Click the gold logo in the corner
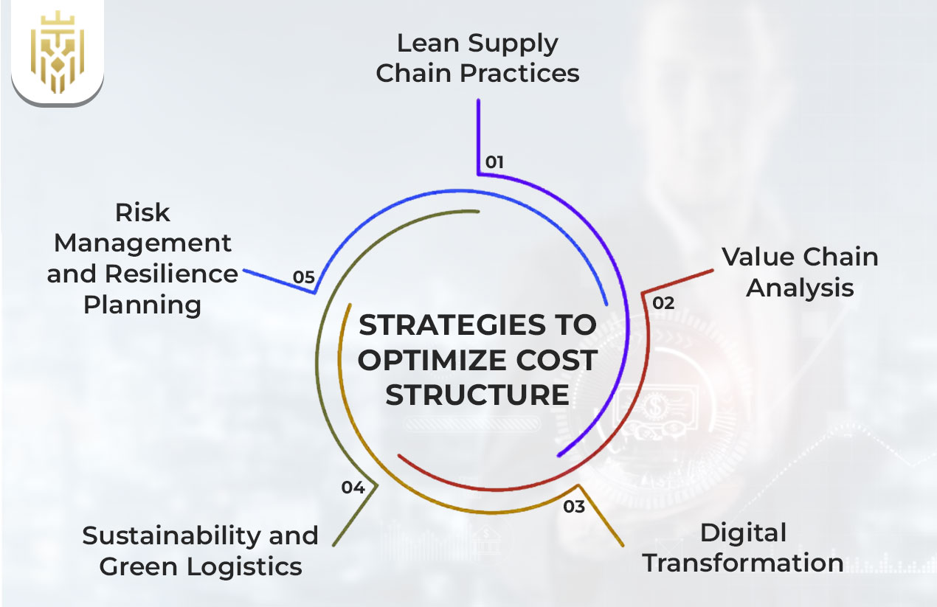click(57, 51)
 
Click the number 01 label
click(494, 162)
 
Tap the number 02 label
click(663, 302)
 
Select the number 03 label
click(574, 507)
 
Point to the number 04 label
click(353, 488)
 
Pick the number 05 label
click(304, 277)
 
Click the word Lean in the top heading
click(424, 43)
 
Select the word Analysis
click(800, 288)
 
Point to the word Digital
click(743, 533)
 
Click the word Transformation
click(742, 563)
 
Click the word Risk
click(142, 212)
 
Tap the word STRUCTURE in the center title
click(477, 395)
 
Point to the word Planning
click(142, 305)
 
